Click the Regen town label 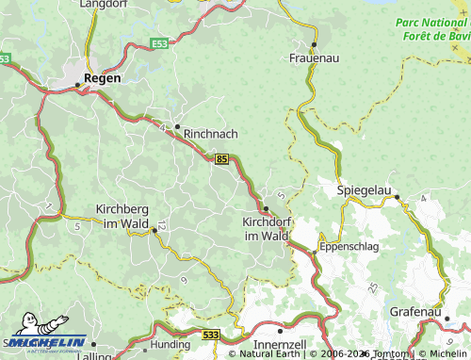[102, 78]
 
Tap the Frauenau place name [314, 57]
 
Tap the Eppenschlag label [349, 246]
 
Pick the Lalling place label [94, 356]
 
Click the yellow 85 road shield [221, 160]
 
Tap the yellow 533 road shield [211, 335]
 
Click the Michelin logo [47, 345]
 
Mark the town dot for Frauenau [314, 44]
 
